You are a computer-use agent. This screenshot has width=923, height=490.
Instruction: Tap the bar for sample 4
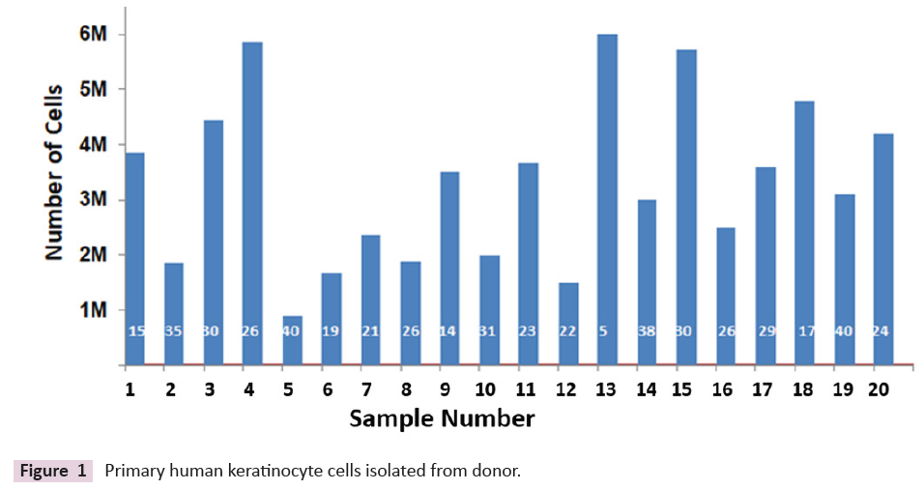click(252, 203)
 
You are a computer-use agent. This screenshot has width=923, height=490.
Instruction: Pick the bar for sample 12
click(568, 324)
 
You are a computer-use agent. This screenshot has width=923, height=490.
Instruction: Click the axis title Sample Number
click(442, 419)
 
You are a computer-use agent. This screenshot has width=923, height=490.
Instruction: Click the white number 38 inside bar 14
click(647, 331)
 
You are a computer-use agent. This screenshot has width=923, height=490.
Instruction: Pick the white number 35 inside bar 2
click(174, 331)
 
